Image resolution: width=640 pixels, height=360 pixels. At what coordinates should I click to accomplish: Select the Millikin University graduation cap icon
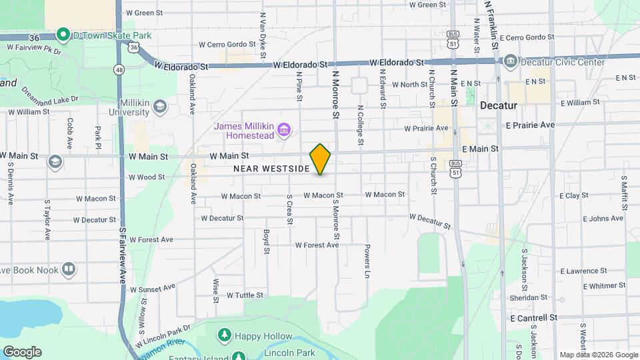pyautogui.click(x=159, y=107)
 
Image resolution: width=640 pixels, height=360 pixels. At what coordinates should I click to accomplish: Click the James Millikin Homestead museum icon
pyautogui.click(x=285, y=129)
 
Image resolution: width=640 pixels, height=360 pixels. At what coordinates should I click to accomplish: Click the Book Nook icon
pyautogui.click(x=68, y=269)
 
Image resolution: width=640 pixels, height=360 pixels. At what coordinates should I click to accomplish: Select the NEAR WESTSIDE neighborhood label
pyautogui.click(x=271, y=169)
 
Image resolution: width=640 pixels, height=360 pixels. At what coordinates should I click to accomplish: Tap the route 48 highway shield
pyautogui.click(x=119, y=69)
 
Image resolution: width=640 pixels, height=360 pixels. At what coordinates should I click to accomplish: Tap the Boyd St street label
pyautogui.click(x=265, y=241)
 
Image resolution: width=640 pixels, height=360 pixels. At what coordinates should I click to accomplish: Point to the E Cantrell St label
pyautogui.click(x=533, y=319)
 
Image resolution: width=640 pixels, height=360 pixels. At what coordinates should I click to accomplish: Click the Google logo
pyautogui.click(x=22, y=352)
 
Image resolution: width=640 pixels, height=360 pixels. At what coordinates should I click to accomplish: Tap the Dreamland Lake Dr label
pyautogui.click(x=50, y=94)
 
